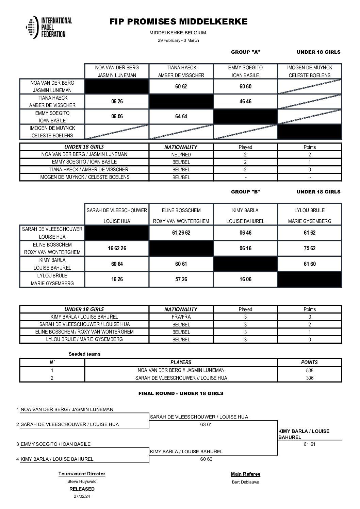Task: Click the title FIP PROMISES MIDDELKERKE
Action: tap(178, 22)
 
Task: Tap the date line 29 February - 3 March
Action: tap(178, 40)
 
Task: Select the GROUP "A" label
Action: tap(245, 52)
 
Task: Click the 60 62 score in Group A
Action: tap(181, 86)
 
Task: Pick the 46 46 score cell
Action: tap(245, 101)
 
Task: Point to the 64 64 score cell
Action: tap(181, 116)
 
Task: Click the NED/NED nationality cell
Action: tap(181, 155)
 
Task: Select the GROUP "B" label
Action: tap(245, 192)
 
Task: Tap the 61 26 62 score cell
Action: tap(181, 233)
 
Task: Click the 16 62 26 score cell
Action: tap(117, 248)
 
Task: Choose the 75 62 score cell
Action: tap(310, 248)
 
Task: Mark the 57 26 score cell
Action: tap(181, 279)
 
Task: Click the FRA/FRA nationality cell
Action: tap(181, 317)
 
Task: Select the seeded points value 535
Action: tap(310, 371)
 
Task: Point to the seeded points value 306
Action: tap(310, 378)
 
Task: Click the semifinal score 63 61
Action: tap(206, 424)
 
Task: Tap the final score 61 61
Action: tap(310, 444)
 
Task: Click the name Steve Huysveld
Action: tap(82, 481)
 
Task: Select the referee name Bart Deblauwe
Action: tap(245, 482)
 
